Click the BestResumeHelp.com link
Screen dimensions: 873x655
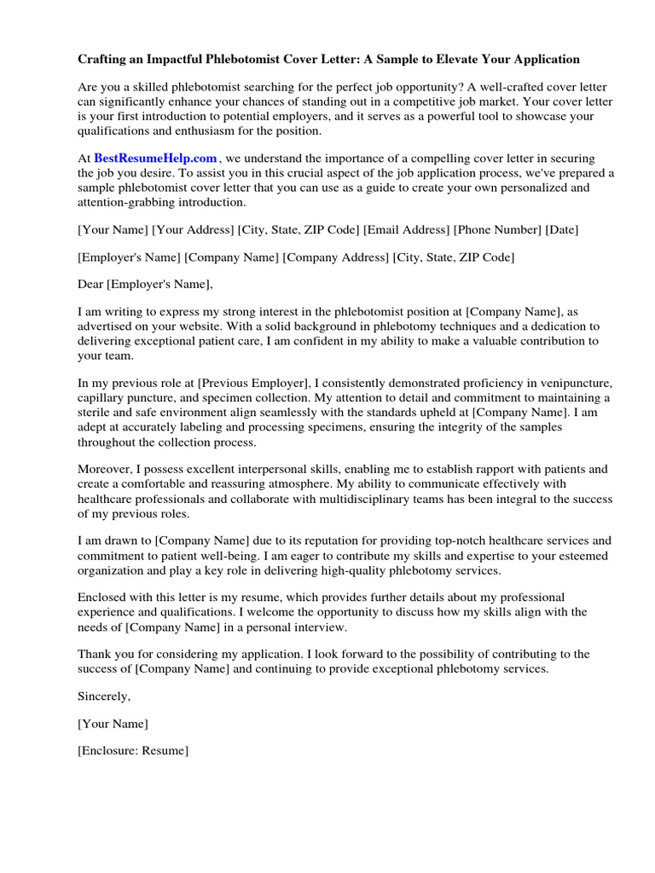[155, 159]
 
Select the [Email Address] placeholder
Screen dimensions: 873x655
[407, 230]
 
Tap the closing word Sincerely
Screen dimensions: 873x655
[104, 696]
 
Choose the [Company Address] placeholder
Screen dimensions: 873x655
[336, 257]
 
